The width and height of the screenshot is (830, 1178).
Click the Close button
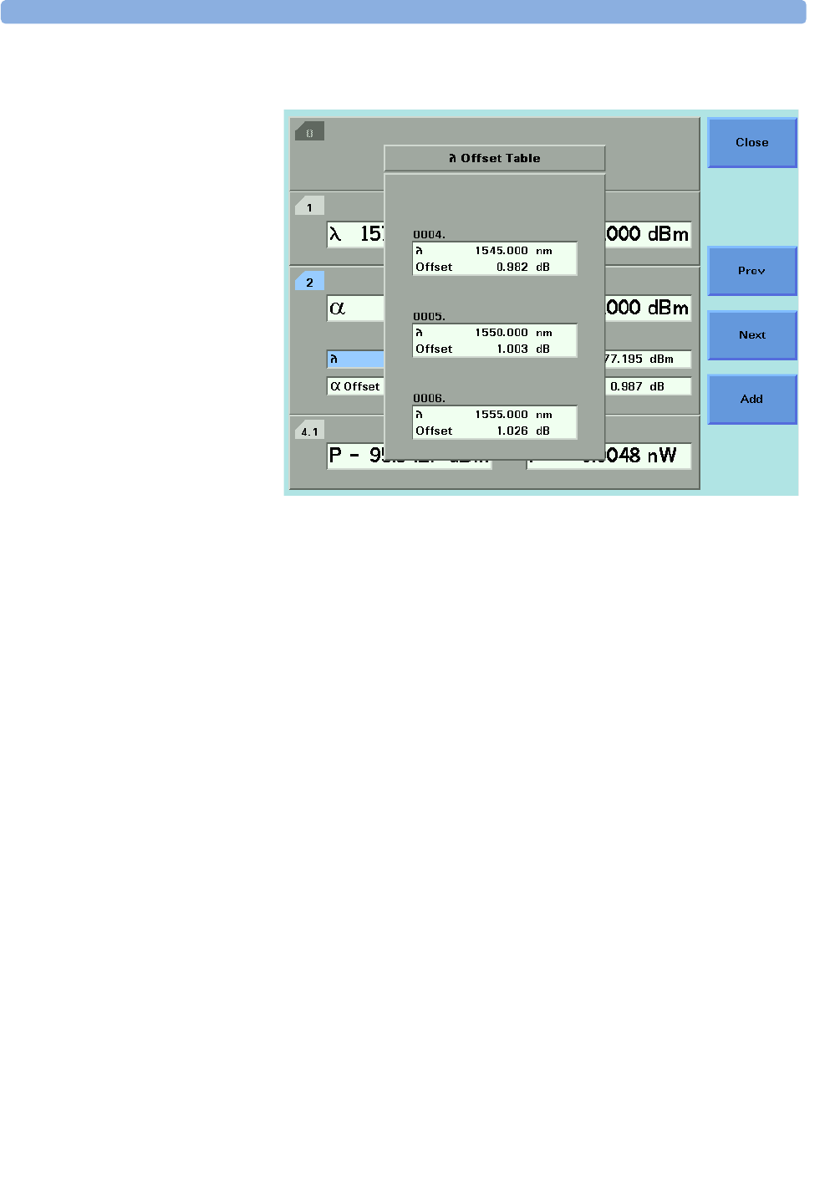(751, 142)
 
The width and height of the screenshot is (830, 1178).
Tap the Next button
(751, 335)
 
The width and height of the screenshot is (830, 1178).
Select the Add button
(751, 400)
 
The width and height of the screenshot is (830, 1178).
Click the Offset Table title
(495, 158)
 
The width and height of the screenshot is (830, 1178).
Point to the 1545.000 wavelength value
(502, 251)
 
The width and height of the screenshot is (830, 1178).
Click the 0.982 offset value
(512, 268)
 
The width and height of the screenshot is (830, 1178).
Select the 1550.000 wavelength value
(502, 333)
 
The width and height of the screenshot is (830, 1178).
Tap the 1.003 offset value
(512, 349)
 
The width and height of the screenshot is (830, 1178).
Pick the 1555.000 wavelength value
(502, 415)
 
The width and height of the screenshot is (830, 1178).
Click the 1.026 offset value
(512, 431)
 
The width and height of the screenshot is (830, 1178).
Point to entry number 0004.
(429, 235)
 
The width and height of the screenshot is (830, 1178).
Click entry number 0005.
(429, 317)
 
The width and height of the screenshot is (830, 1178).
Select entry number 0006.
(429, 399)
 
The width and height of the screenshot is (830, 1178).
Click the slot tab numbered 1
(309, 207)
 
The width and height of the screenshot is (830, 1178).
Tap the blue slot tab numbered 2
(309, 283)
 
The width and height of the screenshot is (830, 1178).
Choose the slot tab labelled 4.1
(309, 431)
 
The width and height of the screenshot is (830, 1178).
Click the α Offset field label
(355, 386)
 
